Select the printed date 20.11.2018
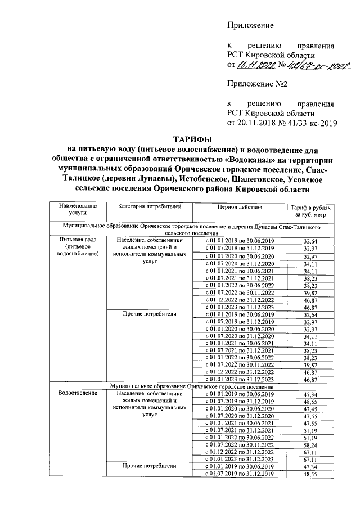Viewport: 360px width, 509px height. [x=257, y=122]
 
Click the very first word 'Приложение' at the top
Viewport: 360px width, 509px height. [x=250, y=26]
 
